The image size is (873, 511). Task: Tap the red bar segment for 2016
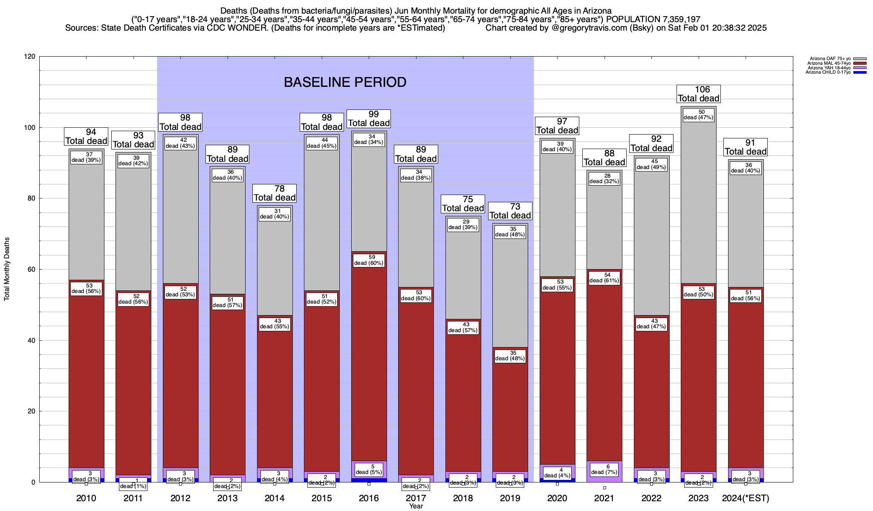pos(369,362)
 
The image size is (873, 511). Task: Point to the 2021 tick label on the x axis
pos(604,498)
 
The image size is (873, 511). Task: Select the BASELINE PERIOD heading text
pos(345,82)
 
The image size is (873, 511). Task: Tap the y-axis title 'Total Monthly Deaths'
pos(7,269)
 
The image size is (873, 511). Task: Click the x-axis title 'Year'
pos(416,506)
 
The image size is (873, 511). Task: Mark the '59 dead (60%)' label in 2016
pos(369,260)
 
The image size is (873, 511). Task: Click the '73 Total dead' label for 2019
pos(510,211)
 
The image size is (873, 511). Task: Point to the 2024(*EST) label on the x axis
pos(746,498)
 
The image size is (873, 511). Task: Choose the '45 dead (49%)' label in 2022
pos(652,164)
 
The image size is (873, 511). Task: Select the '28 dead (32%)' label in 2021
pos(604,178)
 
